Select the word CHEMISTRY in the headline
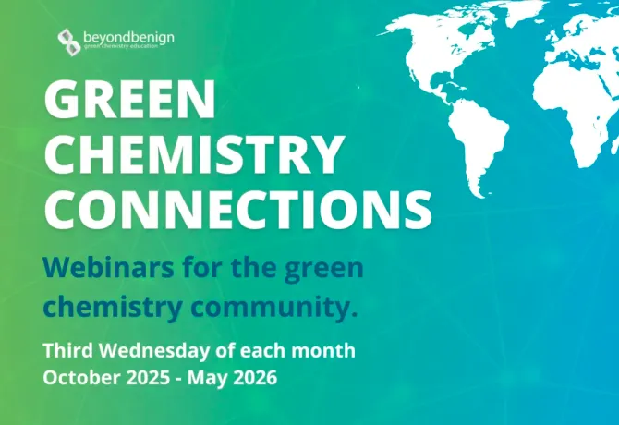[x=194, y=156]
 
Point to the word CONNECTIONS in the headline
[x=238, y=210]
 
